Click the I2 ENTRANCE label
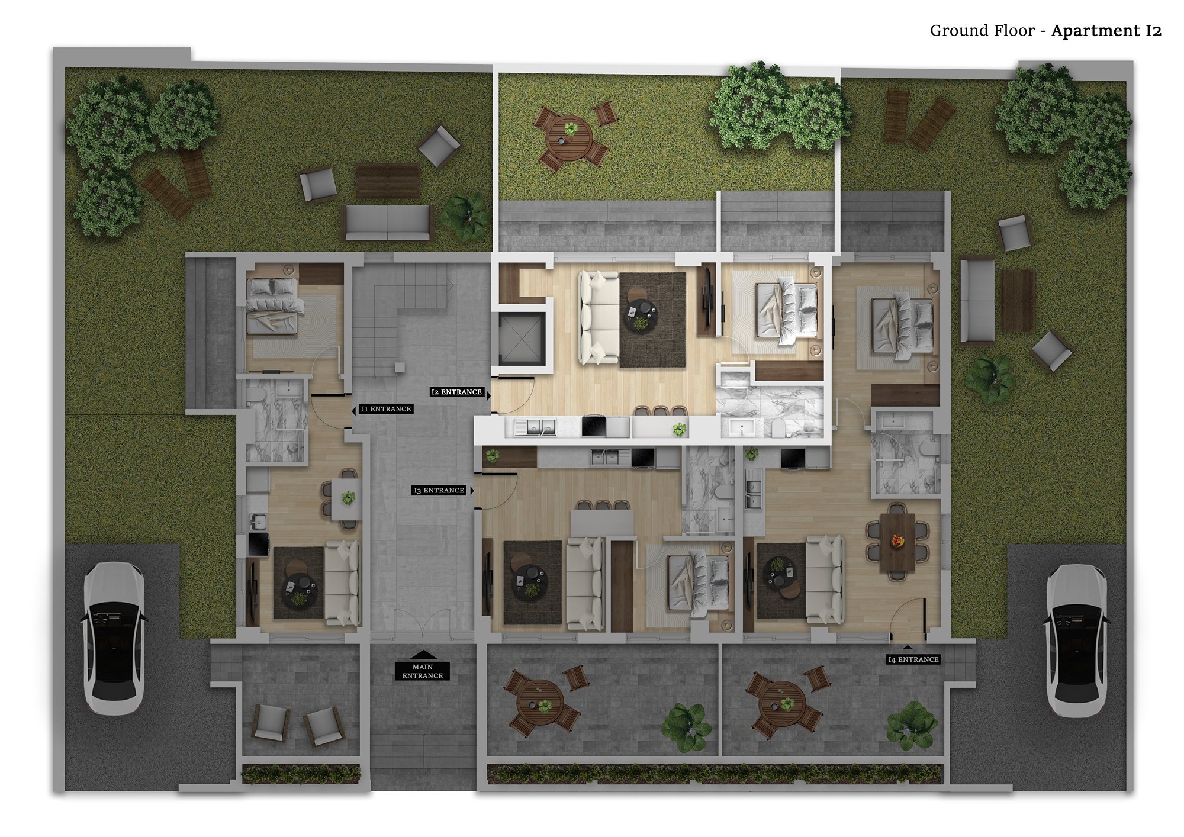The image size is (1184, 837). (x=456, y=392)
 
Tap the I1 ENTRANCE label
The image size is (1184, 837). (x=386, y=409)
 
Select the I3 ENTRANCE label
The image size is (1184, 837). (x=439, y=491)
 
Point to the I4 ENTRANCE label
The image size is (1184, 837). (x=913, y=659)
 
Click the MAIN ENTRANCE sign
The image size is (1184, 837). (x=422, y=671)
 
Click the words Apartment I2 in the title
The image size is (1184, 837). (x=1106, y=31)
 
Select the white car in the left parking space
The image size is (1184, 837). (x=114, y=638)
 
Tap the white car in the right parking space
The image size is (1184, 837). (x=1076, y=640)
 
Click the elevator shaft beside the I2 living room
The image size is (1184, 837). (x=521, y=339)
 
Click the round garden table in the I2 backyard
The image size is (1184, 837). (x=570, y=137)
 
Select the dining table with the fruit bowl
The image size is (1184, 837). (x=897, y=542)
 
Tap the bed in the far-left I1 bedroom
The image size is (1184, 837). (x=273, y=305)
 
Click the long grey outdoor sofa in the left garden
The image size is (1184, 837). (x=388, y=223)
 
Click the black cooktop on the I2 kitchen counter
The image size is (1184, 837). (x=594, y=426)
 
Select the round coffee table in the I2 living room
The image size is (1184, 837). (x=641, y=315)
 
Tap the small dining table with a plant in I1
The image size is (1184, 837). (x=346, y=499)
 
